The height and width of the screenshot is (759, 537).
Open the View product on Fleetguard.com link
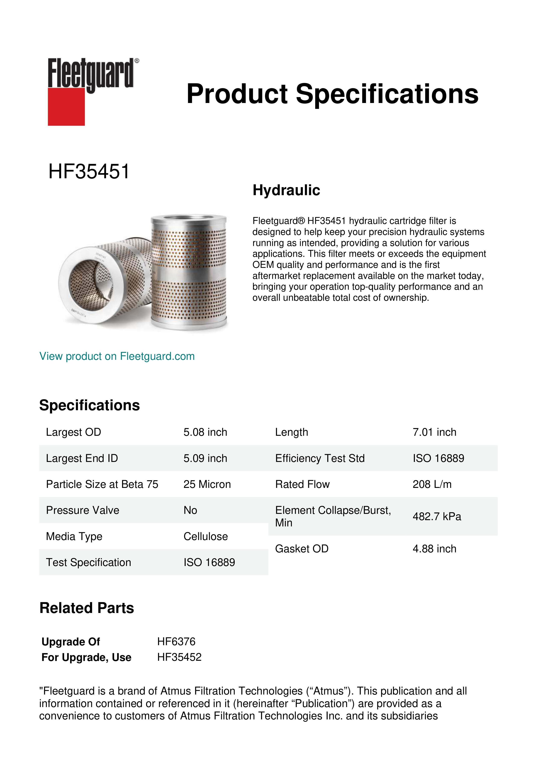click(117, 356)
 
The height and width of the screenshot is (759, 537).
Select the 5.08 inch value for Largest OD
click(205, 432)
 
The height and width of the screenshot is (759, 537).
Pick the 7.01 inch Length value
click(434, 432)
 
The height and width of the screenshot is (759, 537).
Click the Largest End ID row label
click(82, 458)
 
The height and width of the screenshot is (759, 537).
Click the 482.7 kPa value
click(437, 516)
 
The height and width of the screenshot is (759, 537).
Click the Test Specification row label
click(88, 562)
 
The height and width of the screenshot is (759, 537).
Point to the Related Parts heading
click(87, 608)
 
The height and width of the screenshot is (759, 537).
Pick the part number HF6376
click(176, 642)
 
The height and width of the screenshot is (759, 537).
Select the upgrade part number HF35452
click(179, 657)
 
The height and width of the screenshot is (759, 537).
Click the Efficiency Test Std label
click(320, 458)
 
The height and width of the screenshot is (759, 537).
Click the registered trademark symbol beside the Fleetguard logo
click(137, 61)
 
